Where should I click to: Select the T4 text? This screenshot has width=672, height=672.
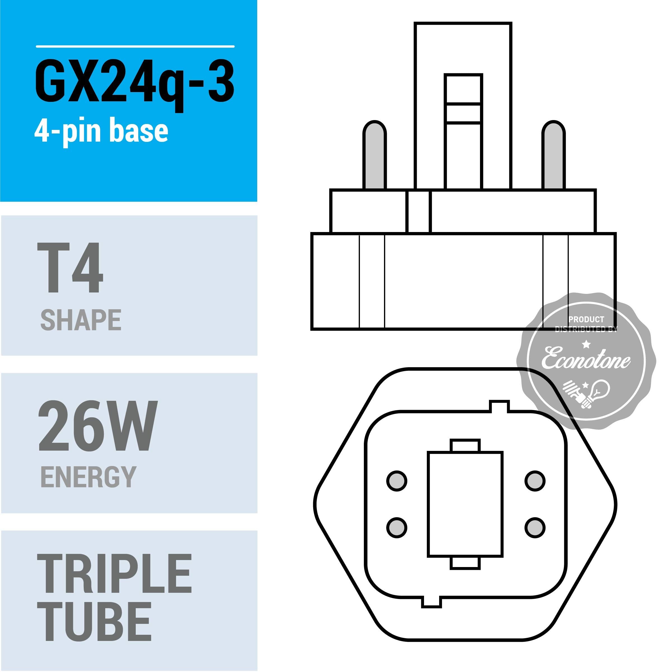[70, 268]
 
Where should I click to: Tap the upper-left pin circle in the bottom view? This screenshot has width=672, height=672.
[397, 481]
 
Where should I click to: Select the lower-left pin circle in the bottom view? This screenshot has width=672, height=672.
[397, 528]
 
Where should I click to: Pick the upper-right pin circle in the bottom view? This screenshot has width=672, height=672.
[535, 481]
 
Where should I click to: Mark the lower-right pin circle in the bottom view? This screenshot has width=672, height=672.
[535, 528]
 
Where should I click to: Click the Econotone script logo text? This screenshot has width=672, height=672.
[586, 358]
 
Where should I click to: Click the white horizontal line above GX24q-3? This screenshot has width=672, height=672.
[135, 46]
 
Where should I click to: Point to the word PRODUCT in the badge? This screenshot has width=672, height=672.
[586, 319]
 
